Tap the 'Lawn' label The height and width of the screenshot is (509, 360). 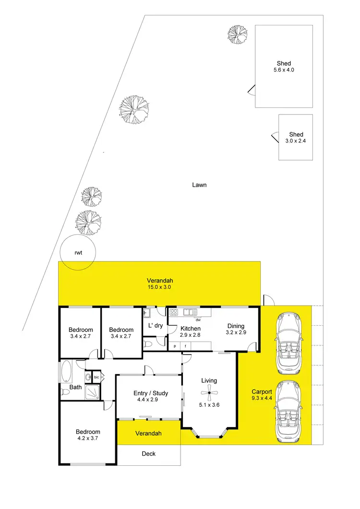tap(199, 185)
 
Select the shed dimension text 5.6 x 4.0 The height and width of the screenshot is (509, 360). tap(284, 70)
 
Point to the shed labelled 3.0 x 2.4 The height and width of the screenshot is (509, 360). tap(296, 137)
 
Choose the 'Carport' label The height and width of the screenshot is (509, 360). tap(261, 391)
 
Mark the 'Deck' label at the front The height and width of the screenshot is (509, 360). tap(149, 453)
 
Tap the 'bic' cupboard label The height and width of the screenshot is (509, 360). tap(96, 378)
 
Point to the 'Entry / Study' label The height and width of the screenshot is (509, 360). tap(151, 393)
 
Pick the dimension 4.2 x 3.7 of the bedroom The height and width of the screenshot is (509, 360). tap(88, 438)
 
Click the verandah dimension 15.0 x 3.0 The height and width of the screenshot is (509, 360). tap(160, 287)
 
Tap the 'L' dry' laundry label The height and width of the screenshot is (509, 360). tap(156, 326)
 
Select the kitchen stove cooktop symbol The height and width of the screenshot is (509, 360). tap(174, 312)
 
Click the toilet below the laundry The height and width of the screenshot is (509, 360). tap(149, 344)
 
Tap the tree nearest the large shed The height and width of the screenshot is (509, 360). tap(238, 33)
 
